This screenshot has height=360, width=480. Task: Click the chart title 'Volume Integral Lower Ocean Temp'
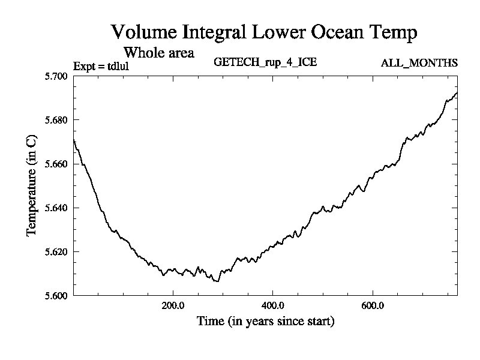click(264, 32)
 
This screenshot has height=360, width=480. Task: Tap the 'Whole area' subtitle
click(158, 52)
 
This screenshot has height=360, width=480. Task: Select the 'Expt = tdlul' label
click(101, 66)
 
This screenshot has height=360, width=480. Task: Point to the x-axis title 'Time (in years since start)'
click(265, 322)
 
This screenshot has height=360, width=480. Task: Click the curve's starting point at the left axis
click(74, 140)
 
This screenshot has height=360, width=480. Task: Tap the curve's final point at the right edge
click(457, 93)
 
